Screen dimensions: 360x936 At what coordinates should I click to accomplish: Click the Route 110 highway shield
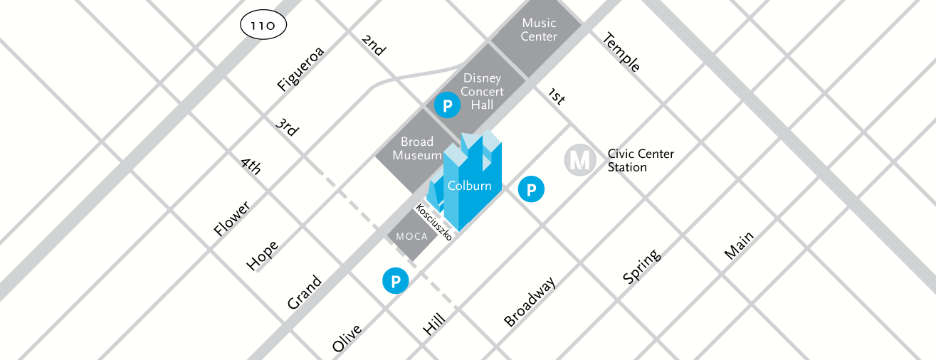[263, 26]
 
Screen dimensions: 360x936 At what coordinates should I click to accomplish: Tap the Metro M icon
[580, 161]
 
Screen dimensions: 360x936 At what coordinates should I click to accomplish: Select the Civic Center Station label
[640, 161]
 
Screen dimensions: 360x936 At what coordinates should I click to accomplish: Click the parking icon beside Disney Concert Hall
[447, 106]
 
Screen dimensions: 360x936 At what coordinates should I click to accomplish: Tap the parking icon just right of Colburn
[531, 189]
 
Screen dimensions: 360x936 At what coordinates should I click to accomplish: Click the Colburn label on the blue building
[469, 186]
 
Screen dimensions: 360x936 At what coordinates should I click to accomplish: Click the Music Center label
[539, 30]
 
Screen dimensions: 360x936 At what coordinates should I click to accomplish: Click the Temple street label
[621, 53]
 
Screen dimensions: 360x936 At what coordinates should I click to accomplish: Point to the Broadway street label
[530, 302]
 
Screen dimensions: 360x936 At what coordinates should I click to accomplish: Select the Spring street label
[641, 266]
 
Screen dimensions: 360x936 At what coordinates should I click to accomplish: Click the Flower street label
[232, 219]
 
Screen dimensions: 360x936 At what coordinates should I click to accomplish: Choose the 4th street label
[251, 166]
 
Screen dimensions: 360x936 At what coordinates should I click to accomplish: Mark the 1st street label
[556, 97]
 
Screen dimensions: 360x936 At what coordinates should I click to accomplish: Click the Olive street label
[347, 339]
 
